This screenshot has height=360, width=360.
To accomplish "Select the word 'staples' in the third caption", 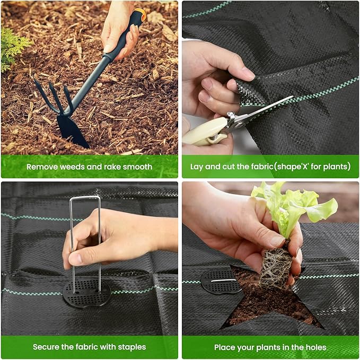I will (130, 347).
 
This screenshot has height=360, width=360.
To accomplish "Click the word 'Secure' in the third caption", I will (46, 347).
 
